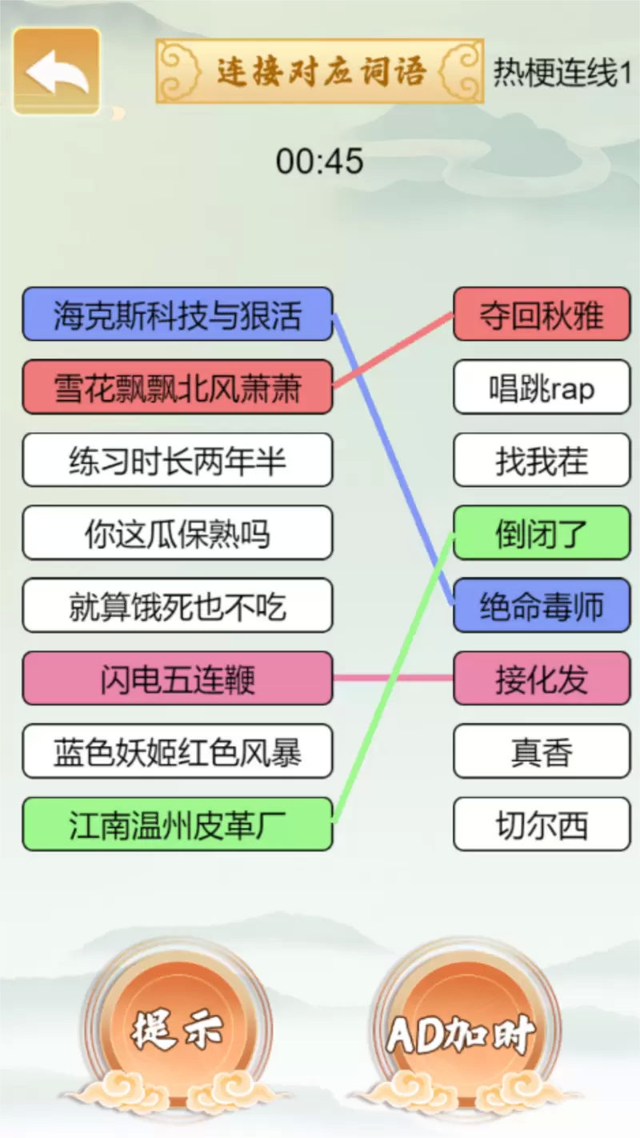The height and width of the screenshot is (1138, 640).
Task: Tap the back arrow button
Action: pos(56,71)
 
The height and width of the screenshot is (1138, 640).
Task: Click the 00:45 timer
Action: pos(320,162)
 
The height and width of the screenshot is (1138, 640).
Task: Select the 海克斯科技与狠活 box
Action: pos(177,314)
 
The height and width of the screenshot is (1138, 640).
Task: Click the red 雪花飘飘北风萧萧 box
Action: pos(177,387)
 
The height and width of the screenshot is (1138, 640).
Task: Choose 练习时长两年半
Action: pos(177,460)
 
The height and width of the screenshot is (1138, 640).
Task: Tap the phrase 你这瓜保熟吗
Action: pos(177,533)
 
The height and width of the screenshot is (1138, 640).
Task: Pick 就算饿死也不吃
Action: pos(177,606)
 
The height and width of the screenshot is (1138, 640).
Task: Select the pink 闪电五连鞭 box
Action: pos(177,679)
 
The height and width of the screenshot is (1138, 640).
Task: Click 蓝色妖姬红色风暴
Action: pos(177,751)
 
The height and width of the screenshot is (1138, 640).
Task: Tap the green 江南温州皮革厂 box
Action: pos(177,824)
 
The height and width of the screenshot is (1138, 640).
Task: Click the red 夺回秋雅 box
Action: pos(542,314)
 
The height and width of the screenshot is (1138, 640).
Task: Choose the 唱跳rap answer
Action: pos(542,387)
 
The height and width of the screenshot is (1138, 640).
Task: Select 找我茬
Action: pos(542,460)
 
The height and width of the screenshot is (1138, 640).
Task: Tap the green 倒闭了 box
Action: pos(542,533)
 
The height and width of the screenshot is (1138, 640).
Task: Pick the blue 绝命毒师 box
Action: pos(542,606)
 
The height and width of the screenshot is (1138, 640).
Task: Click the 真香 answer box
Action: pos(542,751)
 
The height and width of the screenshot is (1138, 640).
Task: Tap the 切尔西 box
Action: pos(542,824)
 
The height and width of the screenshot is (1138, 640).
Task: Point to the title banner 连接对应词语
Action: pos(320,71)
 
